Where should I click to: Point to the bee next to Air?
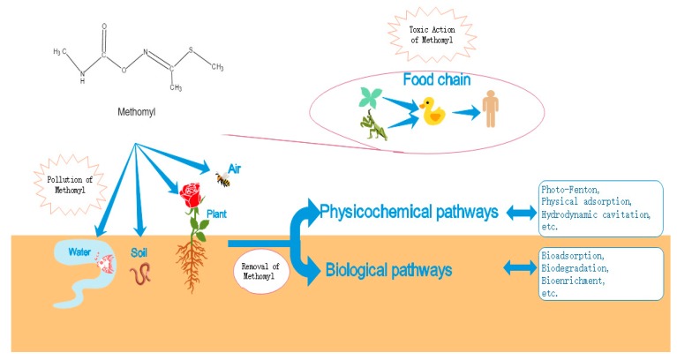coord(222,180)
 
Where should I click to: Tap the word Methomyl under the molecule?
coord(135,113)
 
